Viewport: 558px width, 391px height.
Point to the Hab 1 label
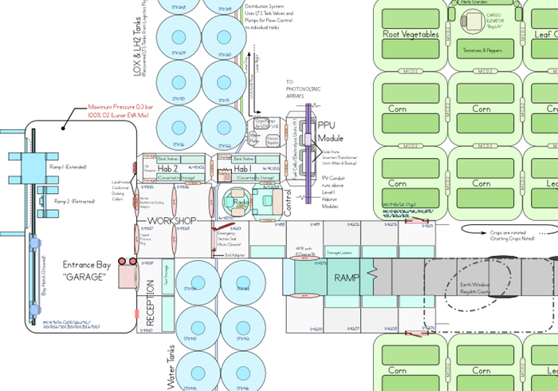click(x=243, y=169)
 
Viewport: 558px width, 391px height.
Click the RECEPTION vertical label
click(x=150, y=299)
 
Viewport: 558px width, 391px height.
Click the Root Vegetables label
click(x=411, y=34)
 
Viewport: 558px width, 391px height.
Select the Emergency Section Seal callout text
click(x=234, y=237)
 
